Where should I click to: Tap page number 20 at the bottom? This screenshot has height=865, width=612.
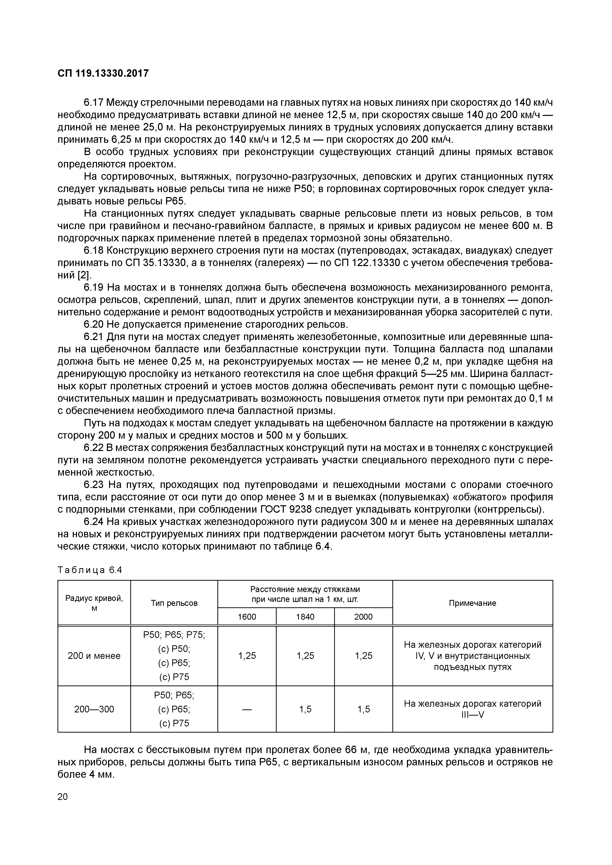tap(63, 796)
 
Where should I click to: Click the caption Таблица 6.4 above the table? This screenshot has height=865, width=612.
tap(90, 570)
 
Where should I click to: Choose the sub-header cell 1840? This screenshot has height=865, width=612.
tap(305, 617)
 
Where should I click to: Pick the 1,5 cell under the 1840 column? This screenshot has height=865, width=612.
tap(305, 709)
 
